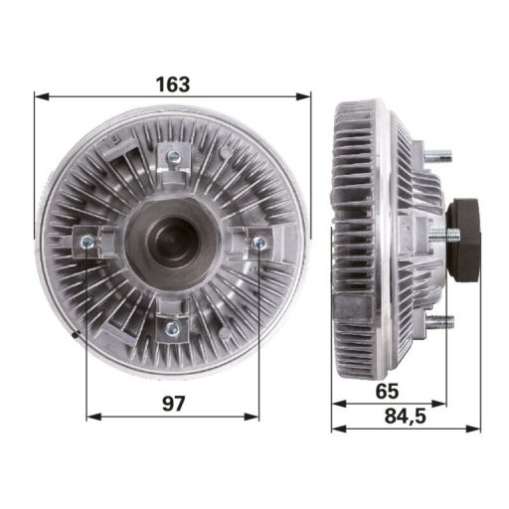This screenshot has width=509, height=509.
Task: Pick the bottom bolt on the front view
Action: [x=172, y=327]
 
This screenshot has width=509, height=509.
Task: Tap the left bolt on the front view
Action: [x=86, y=242]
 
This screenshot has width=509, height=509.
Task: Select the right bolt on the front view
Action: [x=258, y=243]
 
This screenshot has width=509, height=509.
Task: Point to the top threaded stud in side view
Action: [x=437, y=156]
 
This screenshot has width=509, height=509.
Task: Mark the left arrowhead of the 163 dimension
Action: [x=39, y=96]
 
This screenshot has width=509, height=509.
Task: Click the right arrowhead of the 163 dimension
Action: [x=307, y=96]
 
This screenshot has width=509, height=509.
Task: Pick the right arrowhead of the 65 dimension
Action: [x=440, y=404]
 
